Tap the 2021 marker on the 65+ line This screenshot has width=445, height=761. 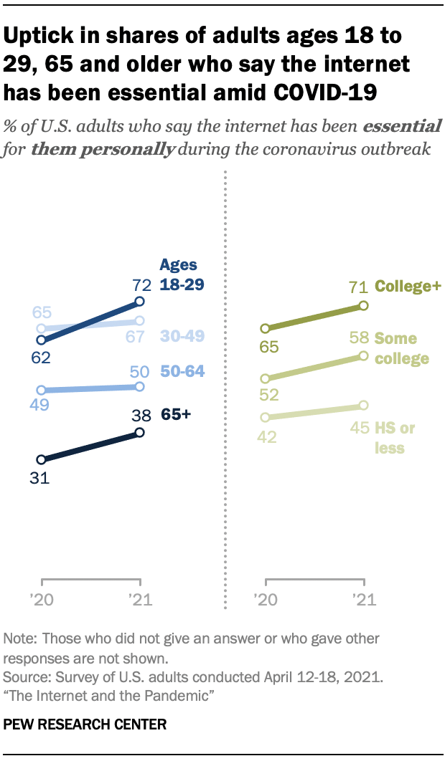(x=140, y=432)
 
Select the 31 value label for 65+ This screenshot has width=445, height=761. (x=39, y=478)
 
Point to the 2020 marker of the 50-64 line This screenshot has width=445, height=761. (x=42, y=391)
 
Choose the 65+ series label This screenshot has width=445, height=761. (x=175, y=414)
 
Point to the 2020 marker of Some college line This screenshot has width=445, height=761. (x=266, y=378)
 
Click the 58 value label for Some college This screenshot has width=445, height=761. (x=360, y=338)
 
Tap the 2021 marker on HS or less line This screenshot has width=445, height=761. (x=363, y=406)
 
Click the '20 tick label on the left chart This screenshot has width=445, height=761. (x=42, y=598)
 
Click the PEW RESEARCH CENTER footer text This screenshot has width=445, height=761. (x=85, y=724)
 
